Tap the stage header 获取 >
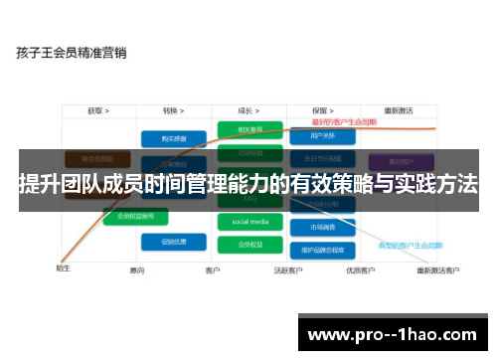(x=97, y=110)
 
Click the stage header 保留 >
(x=321, y=110)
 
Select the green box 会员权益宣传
(x=136, y=216)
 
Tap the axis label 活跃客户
(x=289, y=270)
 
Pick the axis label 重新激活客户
(x=437, y=270)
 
